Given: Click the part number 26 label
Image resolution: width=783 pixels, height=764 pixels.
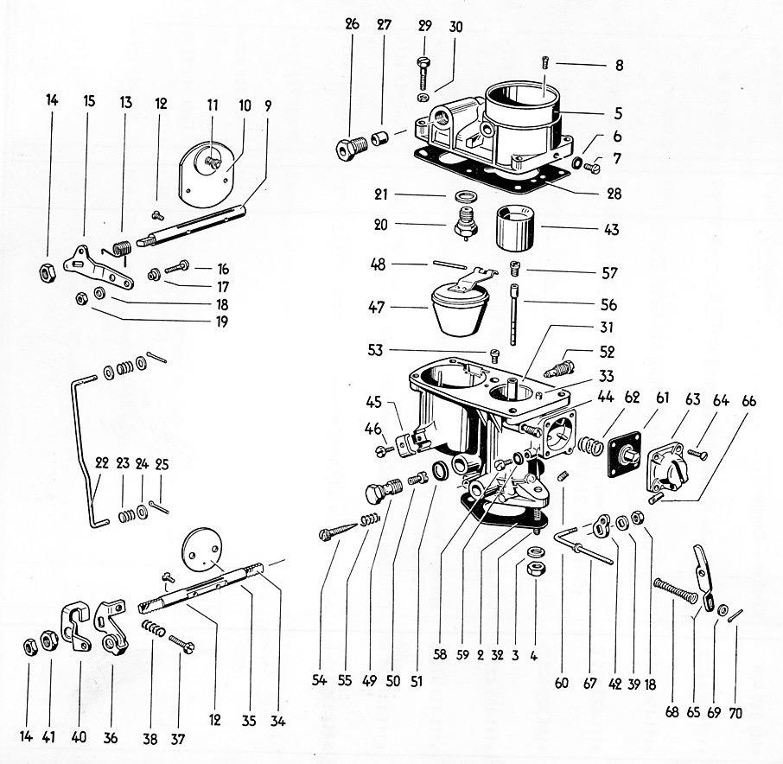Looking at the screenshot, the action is [x=352, y=24].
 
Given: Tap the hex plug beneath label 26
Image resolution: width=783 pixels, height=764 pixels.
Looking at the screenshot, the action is [x=351, y=147].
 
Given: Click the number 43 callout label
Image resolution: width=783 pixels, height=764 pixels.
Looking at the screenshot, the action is [x=611, y=230].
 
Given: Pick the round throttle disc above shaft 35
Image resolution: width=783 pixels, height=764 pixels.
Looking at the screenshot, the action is [x=201, y=547].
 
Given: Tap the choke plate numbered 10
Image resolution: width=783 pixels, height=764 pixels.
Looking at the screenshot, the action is [x=207, y=175].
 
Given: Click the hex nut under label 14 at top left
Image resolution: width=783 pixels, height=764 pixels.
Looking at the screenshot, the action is [x=47, y=272].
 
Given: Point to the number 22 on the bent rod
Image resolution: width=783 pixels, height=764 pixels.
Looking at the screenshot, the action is [x=102, y=463].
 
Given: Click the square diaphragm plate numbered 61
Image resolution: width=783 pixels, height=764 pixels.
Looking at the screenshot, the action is [x=624, y=455].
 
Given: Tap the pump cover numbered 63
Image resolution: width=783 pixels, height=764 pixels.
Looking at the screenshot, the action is [x=668, y=467].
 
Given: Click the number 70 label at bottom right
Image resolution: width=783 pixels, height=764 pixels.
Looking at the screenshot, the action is [x=735, y=712].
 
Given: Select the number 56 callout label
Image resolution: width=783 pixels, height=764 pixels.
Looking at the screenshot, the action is [x=608, y=304].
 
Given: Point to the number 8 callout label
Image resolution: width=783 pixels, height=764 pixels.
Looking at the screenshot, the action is [x=619, y=66].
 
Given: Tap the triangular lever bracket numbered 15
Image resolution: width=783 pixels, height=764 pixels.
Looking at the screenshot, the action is [x=99, y=268].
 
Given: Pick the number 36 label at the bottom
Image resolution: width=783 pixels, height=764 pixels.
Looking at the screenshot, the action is [x=111, y=737].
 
